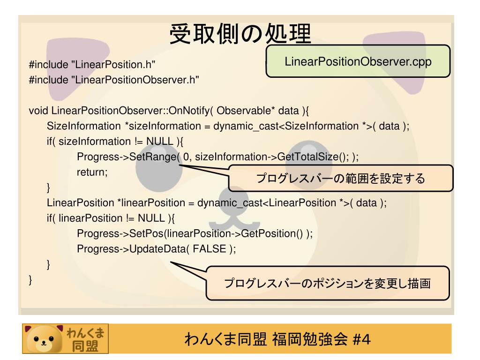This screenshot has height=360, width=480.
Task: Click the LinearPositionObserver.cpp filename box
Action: (358, 61)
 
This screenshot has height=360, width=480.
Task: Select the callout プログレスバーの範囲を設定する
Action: (340, 179)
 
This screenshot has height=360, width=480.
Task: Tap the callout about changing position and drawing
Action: (327, 283)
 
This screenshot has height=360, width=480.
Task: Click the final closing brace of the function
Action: (31, 280)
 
